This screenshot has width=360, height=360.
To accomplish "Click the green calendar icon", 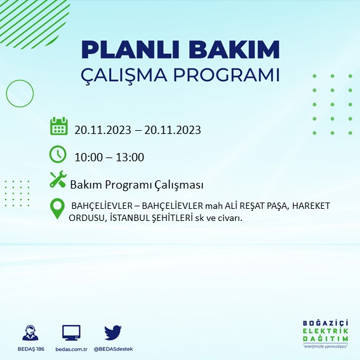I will click(58, 126).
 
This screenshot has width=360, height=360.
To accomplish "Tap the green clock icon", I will click(58, 154).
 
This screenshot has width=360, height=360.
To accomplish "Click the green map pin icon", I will click(58, 209).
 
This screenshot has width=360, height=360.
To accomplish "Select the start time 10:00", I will click(88, 157).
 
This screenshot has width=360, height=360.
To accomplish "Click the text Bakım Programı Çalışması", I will click(136, 185).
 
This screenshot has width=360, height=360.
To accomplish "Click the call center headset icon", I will click(29, 333).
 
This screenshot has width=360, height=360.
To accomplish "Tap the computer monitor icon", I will click(71, 333).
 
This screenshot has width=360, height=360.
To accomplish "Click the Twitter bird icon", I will click(112, 332).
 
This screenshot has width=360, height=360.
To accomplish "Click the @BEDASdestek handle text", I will click(113, 349).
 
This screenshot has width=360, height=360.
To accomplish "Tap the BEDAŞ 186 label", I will click(29, 349).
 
